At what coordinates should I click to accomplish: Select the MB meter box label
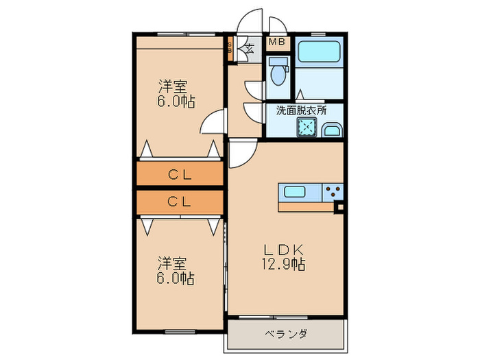(x=276, y=43)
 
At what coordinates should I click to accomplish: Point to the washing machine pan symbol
(x=307, y=127)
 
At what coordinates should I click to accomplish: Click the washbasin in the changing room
(x=332, y=130)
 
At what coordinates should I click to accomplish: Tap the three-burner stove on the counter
(x=333, y=193)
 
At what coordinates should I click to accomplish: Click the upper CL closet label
(x=180, y=175)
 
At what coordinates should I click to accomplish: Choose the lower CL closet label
(x=180, y=202)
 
